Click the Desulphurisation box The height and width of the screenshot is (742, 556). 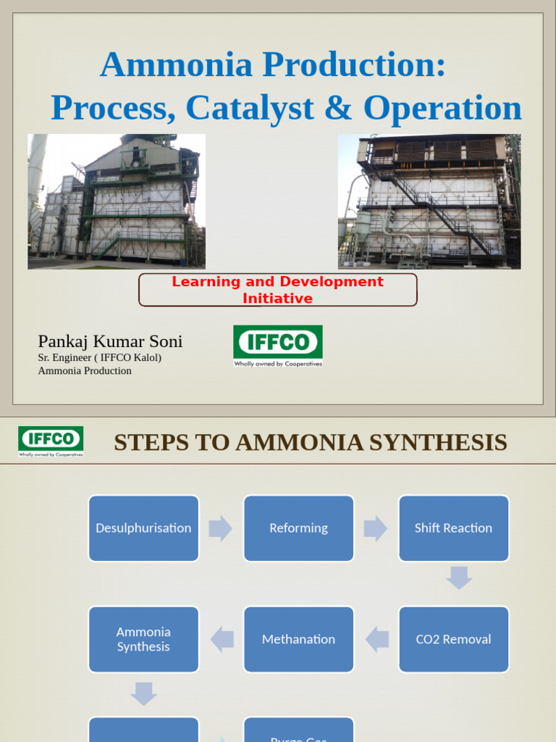pyautogui.click(x=143, y=528)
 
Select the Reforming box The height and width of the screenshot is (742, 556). pyautogui.click(x=298, y=528)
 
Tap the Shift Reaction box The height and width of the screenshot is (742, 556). pyautogui.click(x=453, y=528)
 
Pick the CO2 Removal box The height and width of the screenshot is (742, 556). pyautogui.click(x=453, y=639)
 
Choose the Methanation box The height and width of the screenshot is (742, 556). pyautogui.click(x=298, y=639)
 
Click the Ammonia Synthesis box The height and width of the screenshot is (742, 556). pyautogui.click(x=143, y=639)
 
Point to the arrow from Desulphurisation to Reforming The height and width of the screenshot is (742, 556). pyautogui.click(x=221, y=528)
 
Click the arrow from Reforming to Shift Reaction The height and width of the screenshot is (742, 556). pyautogui.click(x=376, y=528)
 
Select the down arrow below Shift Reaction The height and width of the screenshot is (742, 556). pyautogui.click(x=459, y=578)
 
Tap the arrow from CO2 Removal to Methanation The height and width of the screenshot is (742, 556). pyautogui.click(x=376, y=639)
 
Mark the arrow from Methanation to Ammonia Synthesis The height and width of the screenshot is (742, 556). pyautogui.click(x=222, y=639)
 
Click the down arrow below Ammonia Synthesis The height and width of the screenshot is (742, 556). pyautogui.click(x=143, y=694)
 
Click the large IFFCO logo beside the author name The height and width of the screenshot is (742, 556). pyautogui.click(x=277, y=346)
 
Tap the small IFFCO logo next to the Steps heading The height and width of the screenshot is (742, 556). pyautogui.click(x=51, y=441)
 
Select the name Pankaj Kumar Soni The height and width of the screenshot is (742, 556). pyautogui.click(x=110, y=341)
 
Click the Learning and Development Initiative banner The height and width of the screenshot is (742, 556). pyautogui.click(x=277, y=290)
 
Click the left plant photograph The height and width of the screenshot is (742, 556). pyautogui.click(x=117, y=201)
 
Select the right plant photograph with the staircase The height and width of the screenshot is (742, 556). pyautogui.click(x=429, y=201)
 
